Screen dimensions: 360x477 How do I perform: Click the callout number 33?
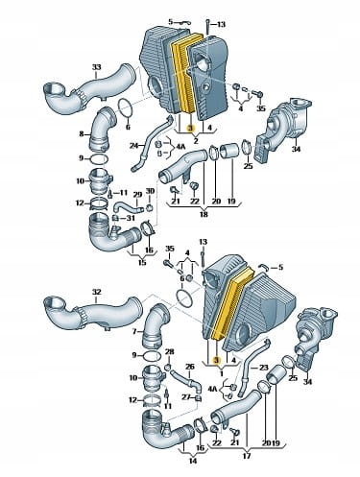click(x=96, y=67)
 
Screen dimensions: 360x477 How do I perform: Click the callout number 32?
click(x=96, y=292)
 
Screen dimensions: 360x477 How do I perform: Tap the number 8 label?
click(x=82, y=134)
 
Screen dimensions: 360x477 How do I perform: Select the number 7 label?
click(x=134, y=332)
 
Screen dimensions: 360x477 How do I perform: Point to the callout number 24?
click(x=133, y=146)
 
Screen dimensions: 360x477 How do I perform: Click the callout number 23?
click(x=263, y=368)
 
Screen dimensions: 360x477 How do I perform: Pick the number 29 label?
click(x=137, y=195)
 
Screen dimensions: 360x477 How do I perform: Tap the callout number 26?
click(x=190, y=366)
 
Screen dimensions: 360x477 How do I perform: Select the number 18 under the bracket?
click(x=204, y=214)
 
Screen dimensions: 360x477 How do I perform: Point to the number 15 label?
click(x=142, y=262)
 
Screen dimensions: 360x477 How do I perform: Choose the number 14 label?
click(x=193, y=461)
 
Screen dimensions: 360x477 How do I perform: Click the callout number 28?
click(x=169, y=352)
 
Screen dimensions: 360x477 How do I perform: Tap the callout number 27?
click(x=186, y=397)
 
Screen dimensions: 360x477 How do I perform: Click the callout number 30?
click(x=150, y=191)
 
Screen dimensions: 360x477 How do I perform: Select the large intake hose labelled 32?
click(x=93, y=310)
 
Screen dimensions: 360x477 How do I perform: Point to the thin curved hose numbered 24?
click(x=152, y=145)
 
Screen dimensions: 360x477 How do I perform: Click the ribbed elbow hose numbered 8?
click(x=101, y=130)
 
